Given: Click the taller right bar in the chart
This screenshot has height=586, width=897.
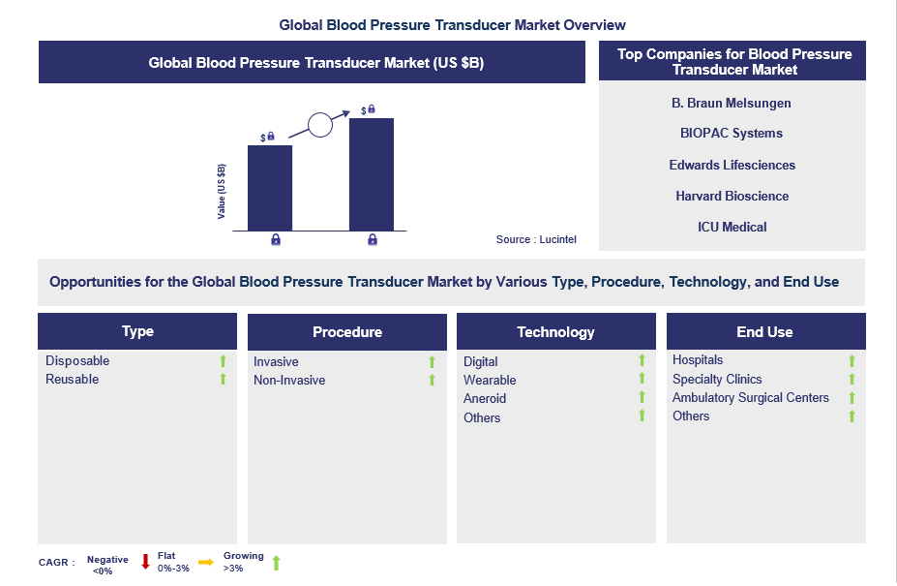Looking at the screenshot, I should [371, 174].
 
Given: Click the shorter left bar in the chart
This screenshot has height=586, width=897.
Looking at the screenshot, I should [270, 188].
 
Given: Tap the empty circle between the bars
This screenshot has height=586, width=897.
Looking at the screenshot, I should [320, 125].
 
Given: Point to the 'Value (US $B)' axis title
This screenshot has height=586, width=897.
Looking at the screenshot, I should [222, 191].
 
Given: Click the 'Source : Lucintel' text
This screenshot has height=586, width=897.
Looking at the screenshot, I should [536, 239].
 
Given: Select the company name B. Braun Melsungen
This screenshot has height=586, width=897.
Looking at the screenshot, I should [732, 103].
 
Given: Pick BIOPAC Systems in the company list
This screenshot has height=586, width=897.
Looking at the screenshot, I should [732, 134].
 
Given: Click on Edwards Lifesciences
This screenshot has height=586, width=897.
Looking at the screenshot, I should [732, 165].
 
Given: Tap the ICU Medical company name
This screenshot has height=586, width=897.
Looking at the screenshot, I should [732, 227].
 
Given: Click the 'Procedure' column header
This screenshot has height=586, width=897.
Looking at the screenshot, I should [346, 332].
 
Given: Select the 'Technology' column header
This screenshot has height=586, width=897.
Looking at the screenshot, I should [555, 332].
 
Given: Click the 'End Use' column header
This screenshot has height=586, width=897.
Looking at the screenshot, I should [764, 332].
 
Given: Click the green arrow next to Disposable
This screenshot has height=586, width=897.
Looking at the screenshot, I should [223, 361].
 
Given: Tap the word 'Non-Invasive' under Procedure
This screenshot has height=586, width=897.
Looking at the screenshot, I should [289, 381].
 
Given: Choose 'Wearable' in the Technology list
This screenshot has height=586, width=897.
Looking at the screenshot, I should [490, 381].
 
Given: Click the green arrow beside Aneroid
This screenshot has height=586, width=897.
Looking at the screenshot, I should [641, 398].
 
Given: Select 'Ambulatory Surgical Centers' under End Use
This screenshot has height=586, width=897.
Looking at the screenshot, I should [751, 398].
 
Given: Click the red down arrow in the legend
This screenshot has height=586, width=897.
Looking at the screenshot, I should [146, 562].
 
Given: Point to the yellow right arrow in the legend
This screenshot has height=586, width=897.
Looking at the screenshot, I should [206, 562].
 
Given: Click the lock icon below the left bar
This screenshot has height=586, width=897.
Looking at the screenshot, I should [276, 239].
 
